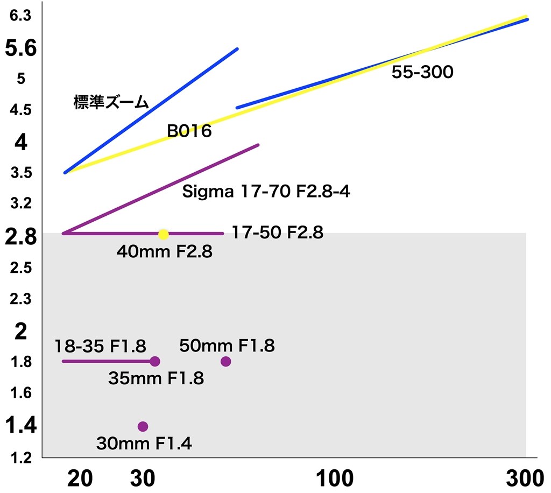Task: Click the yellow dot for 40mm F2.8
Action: click(164, 234)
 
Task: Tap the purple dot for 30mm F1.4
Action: click(143, 426)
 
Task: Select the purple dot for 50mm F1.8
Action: click(225, 361)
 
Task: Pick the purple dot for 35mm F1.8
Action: click(155, 361)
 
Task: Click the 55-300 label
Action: click(422, 72)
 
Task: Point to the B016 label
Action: click(189, 131)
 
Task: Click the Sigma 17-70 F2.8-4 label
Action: click(266, 192)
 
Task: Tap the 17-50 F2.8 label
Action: click(277, 233)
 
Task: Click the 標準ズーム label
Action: click(111, 103)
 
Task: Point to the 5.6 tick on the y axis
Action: click(20, 49)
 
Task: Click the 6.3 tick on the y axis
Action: click(18, 16)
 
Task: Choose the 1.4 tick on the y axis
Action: click(20, 426)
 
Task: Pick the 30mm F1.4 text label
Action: click(144, 443)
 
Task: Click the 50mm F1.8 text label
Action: click(227, 346)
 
